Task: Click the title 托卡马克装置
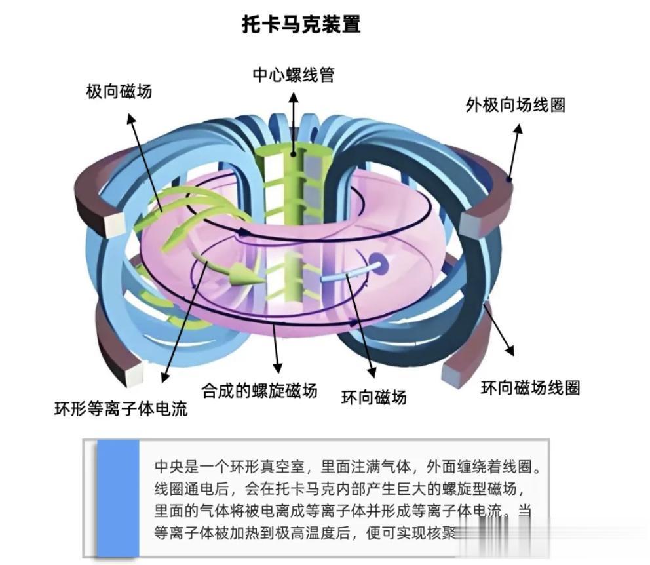[x=301, y=25]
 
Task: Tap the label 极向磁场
[x=119, y=91]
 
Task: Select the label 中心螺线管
[x=294, y=75]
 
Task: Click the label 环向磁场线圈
[x=530, y=387]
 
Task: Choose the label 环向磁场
[x=374, y=397]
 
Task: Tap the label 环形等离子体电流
[x=121, y=410]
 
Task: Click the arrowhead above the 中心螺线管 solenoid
[x=294, y=96]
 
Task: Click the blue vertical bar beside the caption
[x=119, y=499]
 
